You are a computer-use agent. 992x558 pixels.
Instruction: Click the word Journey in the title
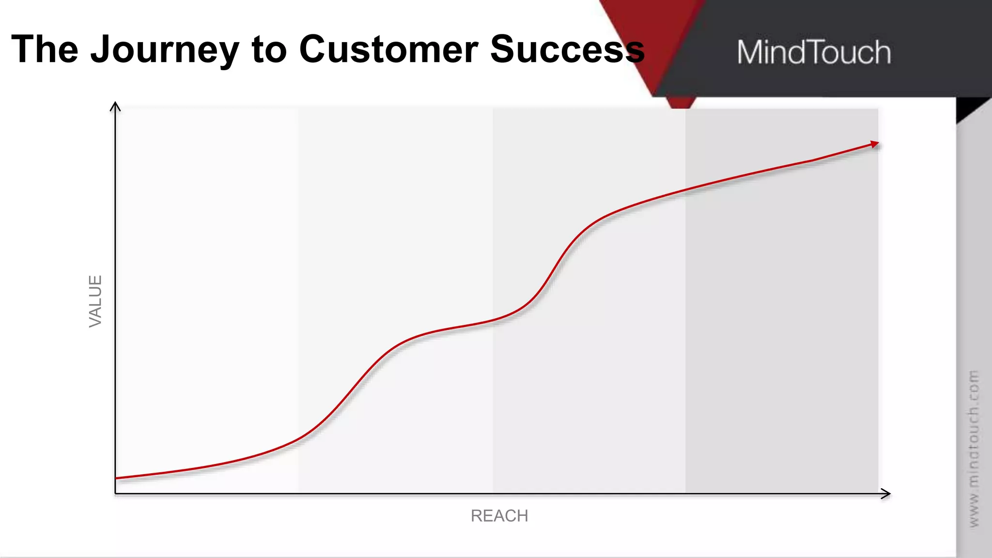(x=165, y=50)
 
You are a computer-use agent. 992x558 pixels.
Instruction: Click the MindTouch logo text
(x=814, y=52)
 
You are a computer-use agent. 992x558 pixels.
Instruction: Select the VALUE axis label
(x=95, y=301)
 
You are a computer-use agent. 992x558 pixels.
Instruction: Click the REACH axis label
(x=499, y=516)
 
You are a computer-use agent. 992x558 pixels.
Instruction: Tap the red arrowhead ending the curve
(x=874, y=144)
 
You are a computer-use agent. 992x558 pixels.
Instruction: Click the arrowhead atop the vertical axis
(x=115, y=106)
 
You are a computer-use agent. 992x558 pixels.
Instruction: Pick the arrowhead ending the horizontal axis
(x=886, y=494)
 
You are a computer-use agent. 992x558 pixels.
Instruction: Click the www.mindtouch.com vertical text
(x=974, y=449)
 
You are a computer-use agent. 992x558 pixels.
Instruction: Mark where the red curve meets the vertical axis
(x=116, y=478)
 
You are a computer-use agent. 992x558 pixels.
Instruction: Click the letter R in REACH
(x=477, y=516)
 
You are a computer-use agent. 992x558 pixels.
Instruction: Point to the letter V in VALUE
(x=95, y=321)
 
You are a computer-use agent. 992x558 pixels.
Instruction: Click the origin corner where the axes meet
(x=115, y=494)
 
